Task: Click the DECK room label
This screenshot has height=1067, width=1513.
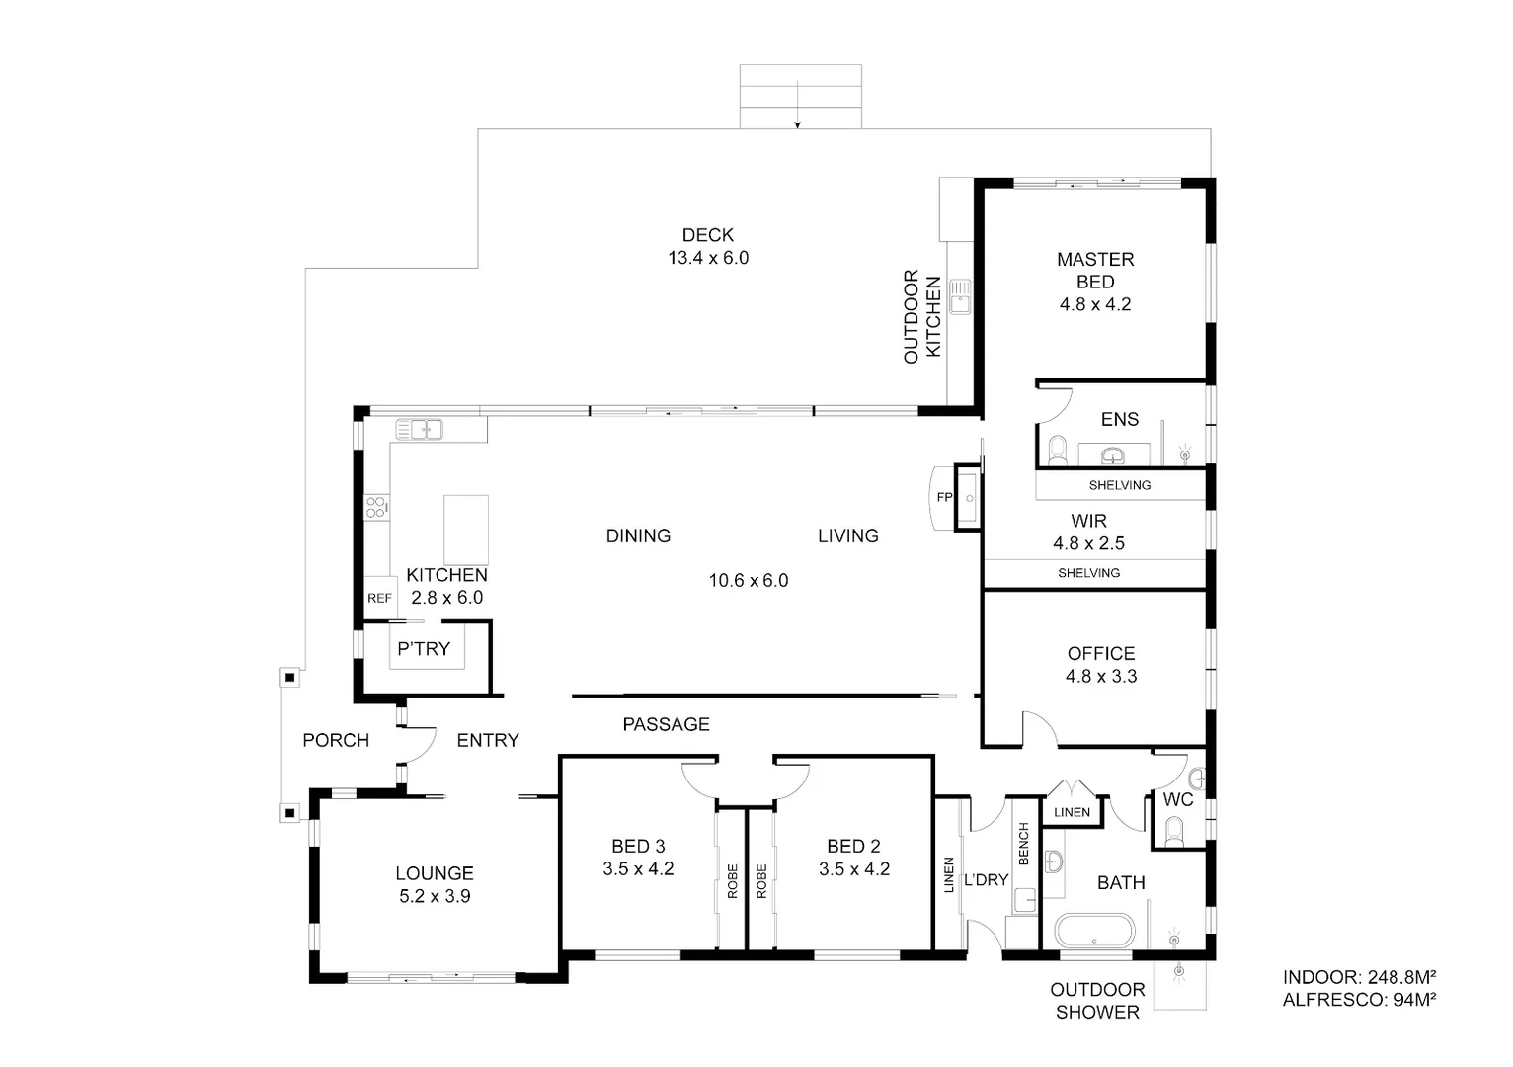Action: [x=707, y=235]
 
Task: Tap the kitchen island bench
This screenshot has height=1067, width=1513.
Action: [x=466, y=529]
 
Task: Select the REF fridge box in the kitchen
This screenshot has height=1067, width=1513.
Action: [x=379, y=598]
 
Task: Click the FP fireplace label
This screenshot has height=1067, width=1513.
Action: [x=944, y=497]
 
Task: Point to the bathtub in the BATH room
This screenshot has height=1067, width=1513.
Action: [x=1095, y=931]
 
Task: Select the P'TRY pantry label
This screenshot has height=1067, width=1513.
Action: [x=423, y=649]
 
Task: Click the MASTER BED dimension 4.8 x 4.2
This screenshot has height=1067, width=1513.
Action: [x=1095, y=304]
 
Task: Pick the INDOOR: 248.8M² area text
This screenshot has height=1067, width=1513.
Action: [x=1358, y=977]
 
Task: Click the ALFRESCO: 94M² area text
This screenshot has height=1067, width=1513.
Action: [x=1358, y=1000]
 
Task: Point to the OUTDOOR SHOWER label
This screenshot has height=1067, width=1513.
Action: [x=1096, y=1000]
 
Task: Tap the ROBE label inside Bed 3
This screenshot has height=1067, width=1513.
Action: [x=732, y=880]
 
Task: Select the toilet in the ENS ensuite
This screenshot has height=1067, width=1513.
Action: [x=1058, y=451]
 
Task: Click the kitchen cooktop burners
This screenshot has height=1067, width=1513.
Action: [x=376, y=508]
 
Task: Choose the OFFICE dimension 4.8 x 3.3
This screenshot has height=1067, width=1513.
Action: [x=1100, y=677]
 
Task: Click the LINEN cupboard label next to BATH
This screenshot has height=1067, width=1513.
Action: [x=1072, y=812]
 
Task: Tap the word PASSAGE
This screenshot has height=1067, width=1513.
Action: [x=666, y=724]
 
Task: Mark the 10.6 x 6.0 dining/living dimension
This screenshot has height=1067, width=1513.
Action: [x=748, y=581]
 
